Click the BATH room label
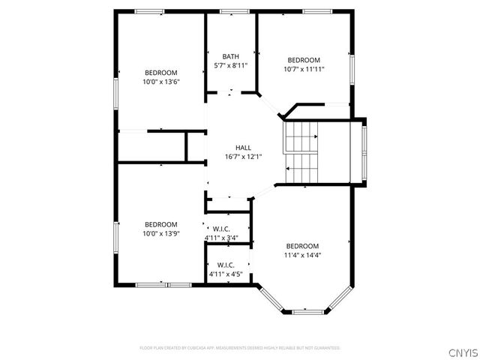point(231,56)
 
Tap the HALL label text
point(243,148)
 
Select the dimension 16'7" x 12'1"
point(243,157)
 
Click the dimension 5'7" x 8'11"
point(231,65)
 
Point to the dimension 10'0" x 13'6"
point(160,82)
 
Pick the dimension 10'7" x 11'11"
point(304,69)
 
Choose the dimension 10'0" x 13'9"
point(160,233)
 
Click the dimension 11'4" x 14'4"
point(302,255)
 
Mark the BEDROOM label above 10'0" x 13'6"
point(160,73)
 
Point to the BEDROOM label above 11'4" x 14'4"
point(302,246)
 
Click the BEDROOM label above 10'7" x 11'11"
point(304,60)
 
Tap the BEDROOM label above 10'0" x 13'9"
point(160,224)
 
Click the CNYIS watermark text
point(460,350)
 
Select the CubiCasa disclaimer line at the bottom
point(240,348)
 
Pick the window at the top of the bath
point(230,10)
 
